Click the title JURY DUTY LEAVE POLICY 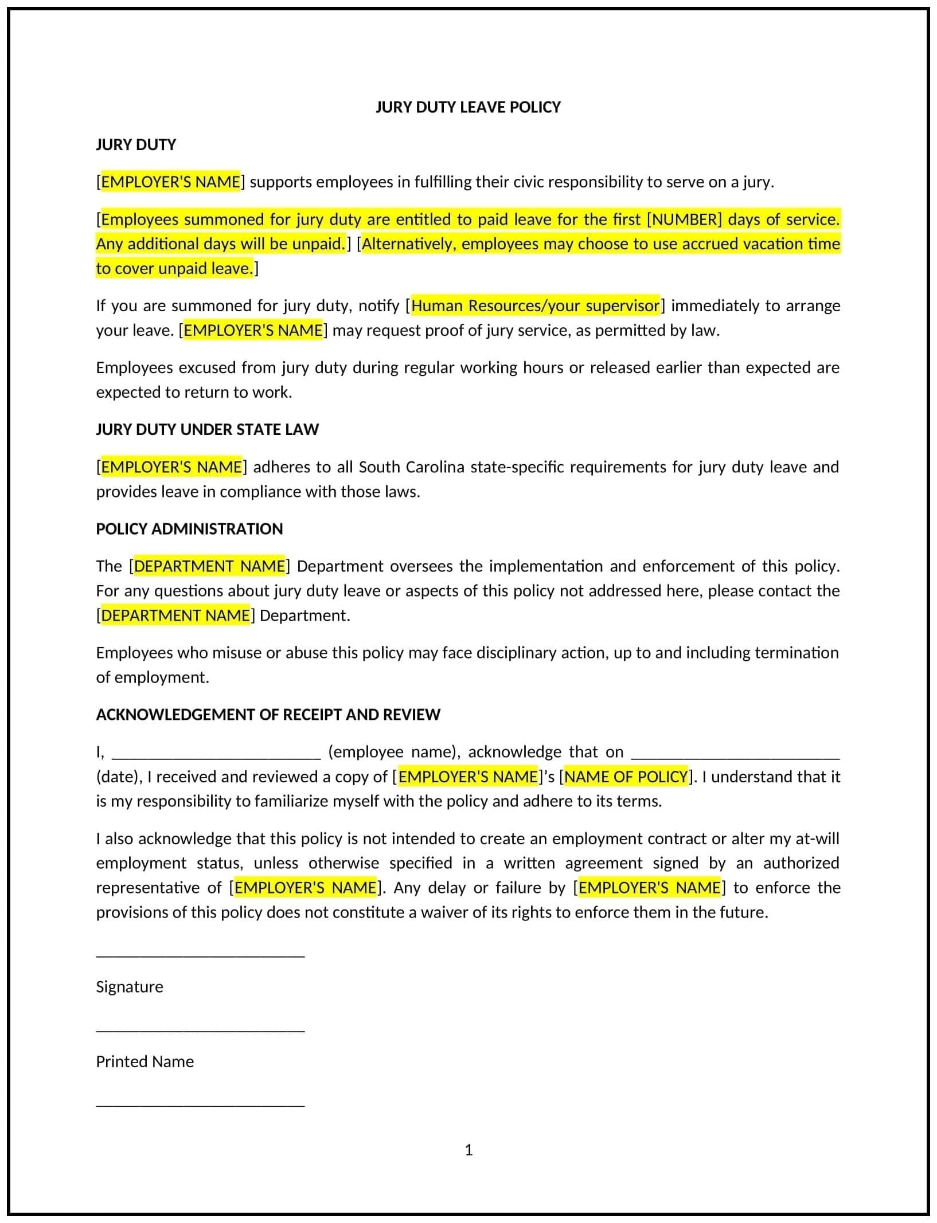coord(468,107)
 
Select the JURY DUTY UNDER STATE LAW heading coord(207,429)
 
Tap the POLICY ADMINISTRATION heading coord(189,528)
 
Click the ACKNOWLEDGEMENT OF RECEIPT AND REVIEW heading coord(268,714)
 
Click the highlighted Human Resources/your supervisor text coord(535,305)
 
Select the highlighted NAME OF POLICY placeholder coord(626,777)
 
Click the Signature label coord(130,987)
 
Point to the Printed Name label coord(145,1061)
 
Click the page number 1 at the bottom coord(468,1150)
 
